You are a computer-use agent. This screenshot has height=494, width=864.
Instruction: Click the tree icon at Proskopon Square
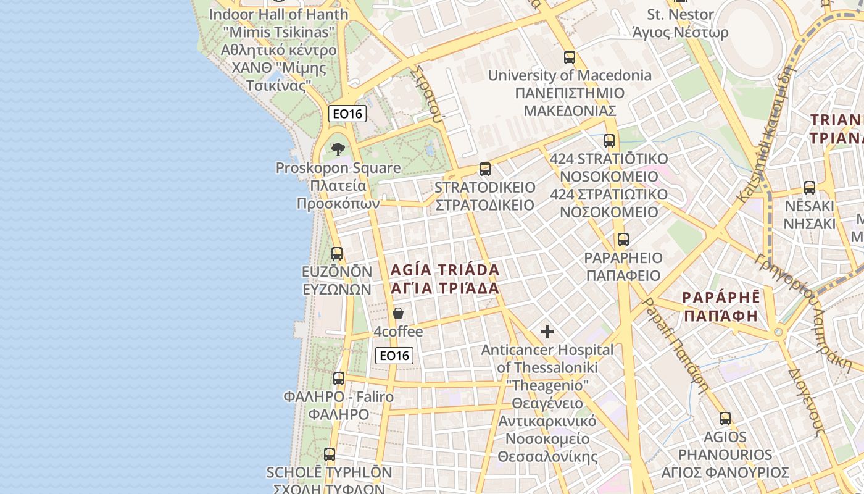[x=338, y=149]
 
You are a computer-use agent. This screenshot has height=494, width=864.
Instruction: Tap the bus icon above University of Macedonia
[x=569, y=57]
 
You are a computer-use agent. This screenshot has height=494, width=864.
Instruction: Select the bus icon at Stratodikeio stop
[x=485, y=169]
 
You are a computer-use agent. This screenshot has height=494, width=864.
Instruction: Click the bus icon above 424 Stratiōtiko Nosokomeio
[x=609, y=140]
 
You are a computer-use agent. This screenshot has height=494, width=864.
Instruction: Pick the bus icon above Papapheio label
[x=623, y=240]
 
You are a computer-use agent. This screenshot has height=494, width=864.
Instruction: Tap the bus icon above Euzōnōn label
[x=336, y=253]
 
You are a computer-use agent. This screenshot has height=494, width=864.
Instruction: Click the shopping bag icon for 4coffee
[x=398, y=313]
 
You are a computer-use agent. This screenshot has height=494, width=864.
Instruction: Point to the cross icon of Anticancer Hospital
[x=547, y=332]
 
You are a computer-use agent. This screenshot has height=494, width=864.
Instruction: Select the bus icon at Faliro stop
[x=339, y=379]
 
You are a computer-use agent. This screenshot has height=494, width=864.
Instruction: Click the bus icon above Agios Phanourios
[x=725, y=419]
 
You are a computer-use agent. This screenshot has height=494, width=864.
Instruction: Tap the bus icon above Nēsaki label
[x=810, y=188]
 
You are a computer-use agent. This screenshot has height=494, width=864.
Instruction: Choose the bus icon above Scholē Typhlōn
[x=330, y=454]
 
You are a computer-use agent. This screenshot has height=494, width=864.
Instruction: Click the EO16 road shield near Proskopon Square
[x=347, y=114]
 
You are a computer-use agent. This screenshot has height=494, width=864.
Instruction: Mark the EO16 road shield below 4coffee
[x=394, y=355]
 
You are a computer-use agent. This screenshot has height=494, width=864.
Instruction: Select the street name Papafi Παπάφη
[x=675, y=346]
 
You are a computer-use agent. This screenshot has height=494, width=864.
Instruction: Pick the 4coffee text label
[x=398, y=332]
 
